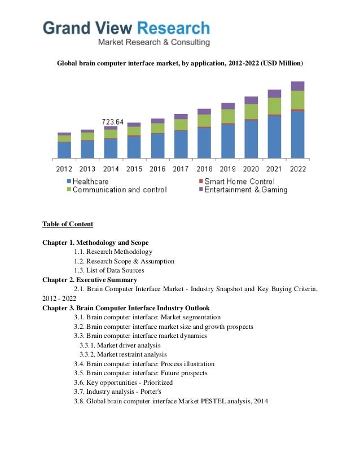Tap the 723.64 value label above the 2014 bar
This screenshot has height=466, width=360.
(x=112, y=121)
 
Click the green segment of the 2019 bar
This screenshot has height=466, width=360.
(x=227, y=116)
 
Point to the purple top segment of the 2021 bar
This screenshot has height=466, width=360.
(x=274, y=94)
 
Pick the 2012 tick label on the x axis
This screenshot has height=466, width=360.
(x=64, y=169)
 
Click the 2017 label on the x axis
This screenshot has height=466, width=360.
(x=181, y=169)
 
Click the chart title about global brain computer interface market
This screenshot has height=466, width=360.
(x=180, y=61)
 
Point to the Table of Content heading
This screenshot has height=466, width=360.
(x=68, y=224)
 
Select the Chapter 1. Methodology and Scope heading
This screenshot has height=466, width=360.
(x=95, y=243)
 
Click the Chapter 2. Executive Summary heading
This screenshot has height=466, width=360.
(x=89, y=280)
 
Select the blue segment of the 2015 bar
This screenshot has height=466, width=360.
(x=134, y=147)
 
